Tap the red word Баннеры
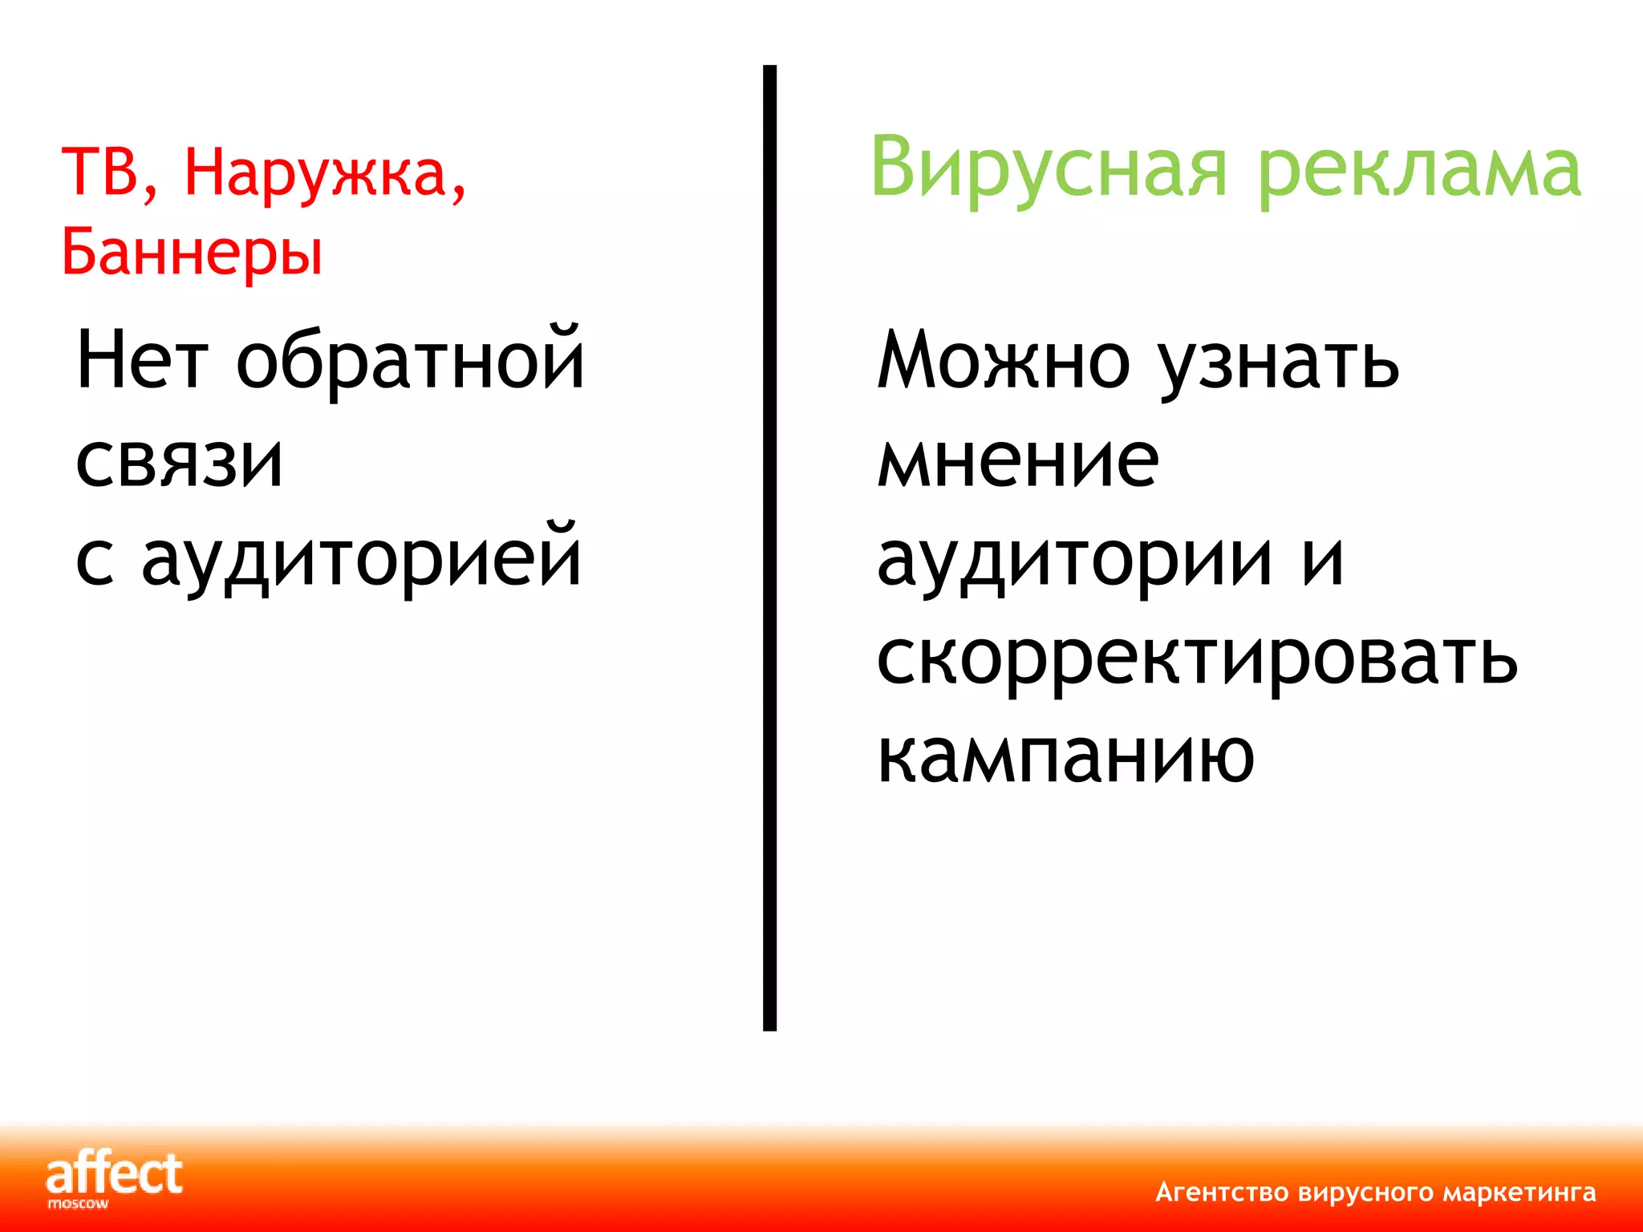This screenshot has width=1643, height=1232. tap(193, 252)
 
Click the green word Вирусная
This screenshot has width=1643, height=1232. tap(1049, 169)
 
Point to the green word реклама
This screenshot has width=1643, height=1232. tap(1419, 169)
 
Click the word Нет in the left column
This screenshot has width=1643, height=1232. tap(142, 360)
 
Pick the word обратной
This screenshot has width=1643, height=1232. tap(411, 360)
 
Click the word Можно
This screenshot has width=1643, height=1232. tap(1004, 360)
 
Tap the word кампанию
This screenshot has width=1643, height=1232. tap(1065, 756)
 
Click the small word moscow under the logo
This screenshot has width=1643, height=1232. tap(78, 1204)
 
